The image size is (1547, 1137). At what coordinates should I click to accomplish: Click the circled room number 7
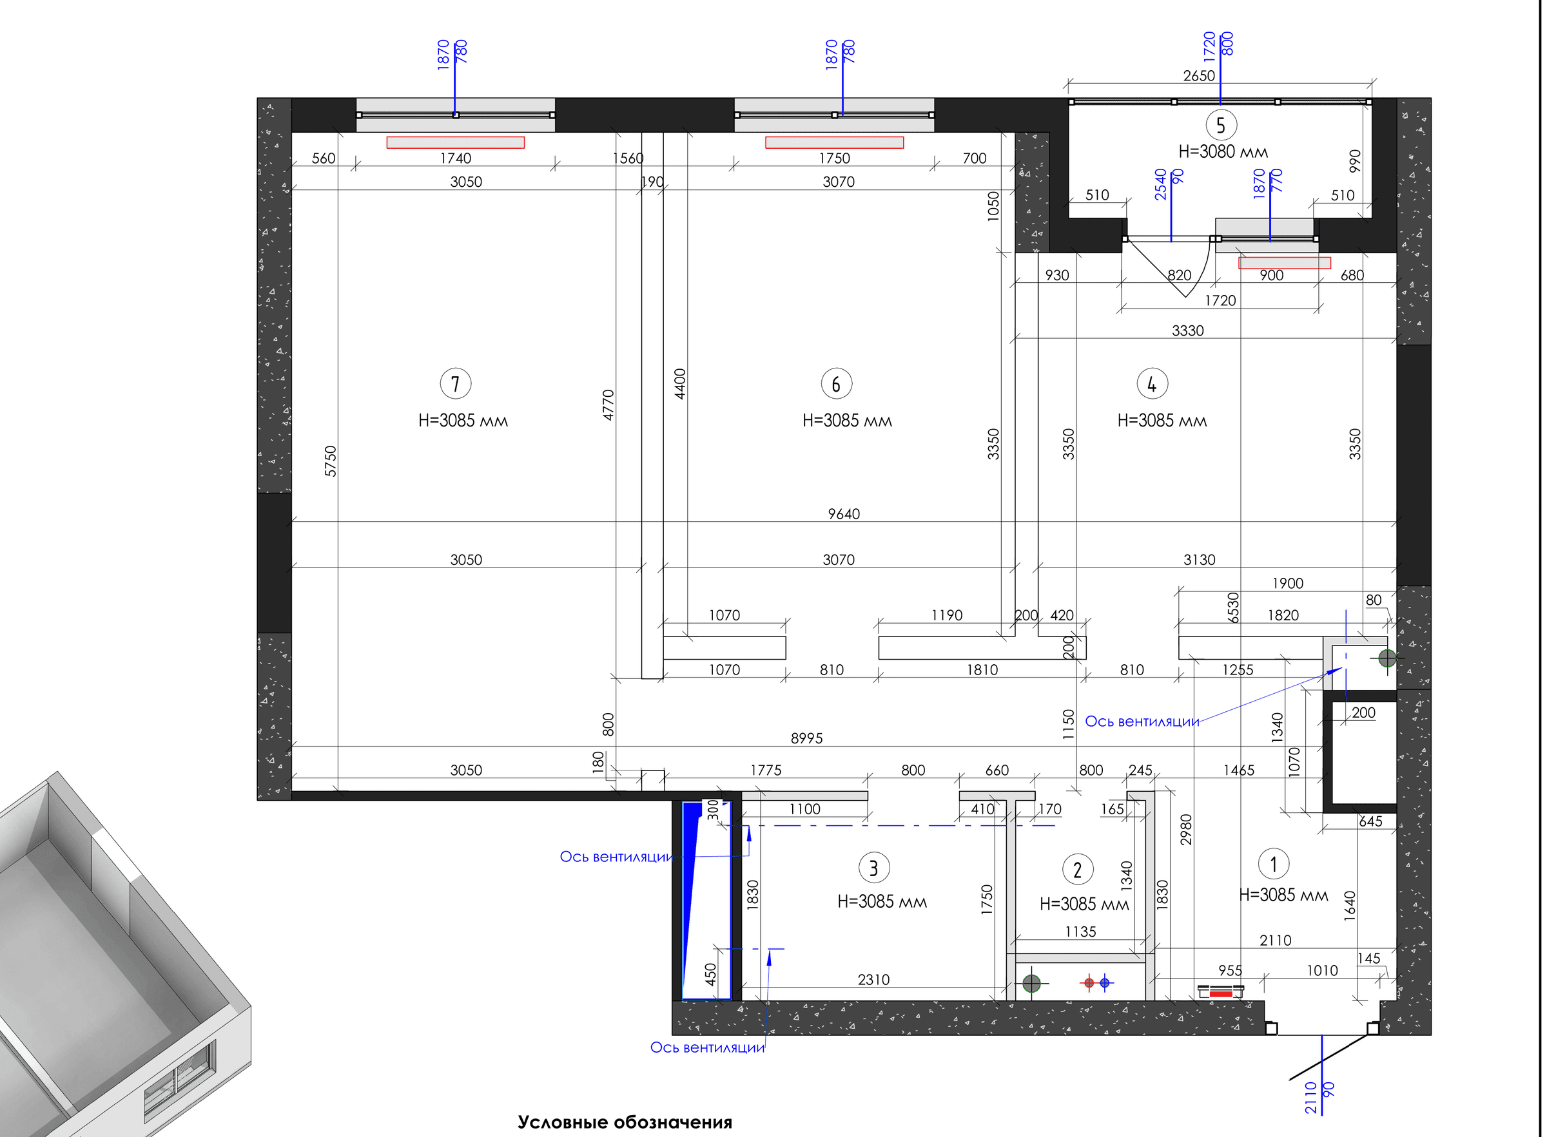(x=455, y=383)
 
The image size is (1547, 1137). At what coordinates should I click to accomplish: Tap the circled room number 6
(x=837, y=383)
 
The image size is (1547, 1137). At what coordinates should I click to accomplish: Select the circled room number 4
(x=1152, y=383)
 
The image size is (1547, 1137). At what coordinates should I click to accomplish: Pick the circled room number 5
(x=1221, y=125)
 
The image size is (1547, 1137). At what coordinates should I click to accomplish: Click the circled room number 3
(x=873, y=868)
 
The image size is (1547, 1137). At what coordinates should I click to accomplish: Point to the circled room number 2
(x=1078, y=869)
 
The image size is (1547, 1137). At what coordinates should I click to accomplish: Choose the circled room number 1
(x=1273, y=864)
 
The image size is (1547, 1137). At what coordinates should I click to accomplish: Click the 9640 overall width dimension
(x=843, y=514)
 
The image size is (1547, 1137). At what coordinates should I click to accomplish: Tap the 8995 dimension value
(x=806, y=738)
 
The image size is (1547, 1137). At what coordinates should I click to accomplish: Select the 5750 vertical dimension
(x=331, y=461)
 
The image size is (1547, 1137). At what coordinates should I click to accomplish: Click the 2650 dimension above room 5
(x=1199, y=76)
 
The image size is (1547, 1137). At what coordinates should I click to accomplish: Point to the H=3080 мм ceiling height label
(x=1223, y=151)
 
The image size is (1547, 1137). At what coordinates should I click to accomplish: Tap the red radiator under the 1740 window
(x=455, y=142)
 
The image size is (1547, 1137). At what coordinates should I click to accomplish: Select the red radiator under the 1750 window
(x=835, y=142)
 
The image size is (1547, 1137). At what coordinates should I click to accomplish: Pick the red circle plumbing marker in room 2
(x=1089, y=983)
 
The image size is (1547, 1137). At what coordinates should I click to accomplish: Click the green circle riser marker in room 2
(x=1031, y=984)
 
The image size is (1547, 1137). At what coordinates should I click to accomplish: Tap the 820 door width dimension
(x=1179, y=275)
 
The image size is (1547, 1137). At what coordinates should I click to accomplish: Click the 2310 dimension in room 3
(x=873, y=979)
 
